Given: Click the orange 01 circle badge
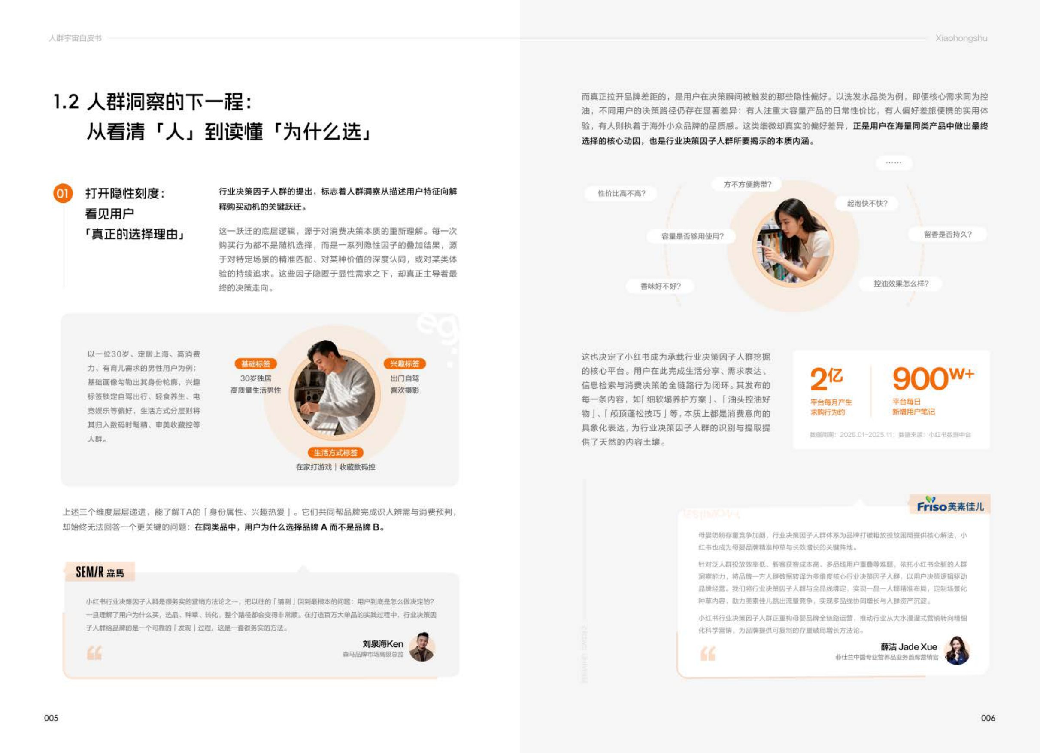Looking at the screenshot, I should coord(62,194).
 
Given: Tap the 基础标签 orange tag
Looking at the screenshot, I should coord(255,364).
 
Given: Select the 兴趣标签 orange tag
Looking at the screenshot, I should coord(404,364).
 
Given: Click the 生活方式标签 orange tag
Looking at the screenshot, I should coord(336,453).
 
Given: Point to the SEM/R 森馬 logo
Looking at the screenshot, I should coord(100,572).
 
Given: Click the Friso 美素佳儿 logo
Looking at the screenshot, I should coord(950,505).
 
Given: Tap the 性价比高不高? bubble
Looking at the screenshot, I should coord(622,194).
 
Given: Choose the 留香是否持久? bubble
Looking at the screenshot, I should coord(947,235).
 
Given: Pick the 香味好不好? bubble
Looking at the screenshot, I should coord(660,287).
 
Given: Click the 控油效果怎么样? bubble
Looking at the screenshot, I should coord(901,284).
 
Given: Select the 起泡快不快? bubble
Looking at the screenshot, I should coord(867,203).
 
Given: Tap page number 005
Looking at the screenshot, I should coord(51,718).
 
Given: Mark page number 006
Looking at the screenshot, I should coord(988,718).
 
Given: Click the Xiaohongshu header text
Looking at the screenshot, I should coord(961,39).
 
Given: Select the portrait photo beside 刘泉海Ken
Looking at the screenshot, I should coord(421,647).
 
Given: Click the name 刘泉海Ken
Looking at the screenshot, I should coord(383,644).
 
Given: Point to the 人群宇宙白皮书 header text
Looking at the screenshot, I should coord(75,39).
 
